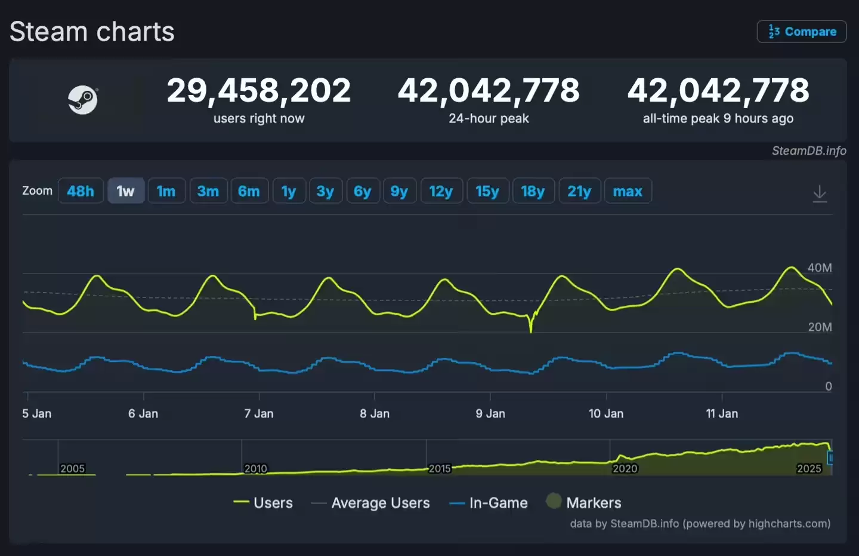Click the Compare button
pos(802,32)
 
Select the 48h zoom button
pos(81,191)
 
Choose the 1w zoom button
pos(125,191)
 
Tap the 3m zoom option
pos(208,191)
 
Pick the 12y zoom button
pos(441,191)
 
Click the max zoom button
pos(628,191)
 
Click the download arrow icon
pos(820,193)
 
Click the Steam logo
pos(82,100)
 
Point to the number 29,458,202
pos(259,91)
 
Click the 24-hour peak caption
pos(489,118)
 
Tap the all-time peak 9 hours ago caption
pos(718,118)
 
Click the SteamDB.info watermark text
pos(809,150)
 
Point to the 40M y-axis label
pos(820,268)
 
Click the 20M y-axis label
pos(820,327)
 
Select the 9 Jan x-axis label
pos(490,413)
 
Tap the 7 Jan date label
pos(259,413)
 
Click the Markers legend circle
pos(554,501)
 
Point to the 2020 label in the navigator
pos(625,469)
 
